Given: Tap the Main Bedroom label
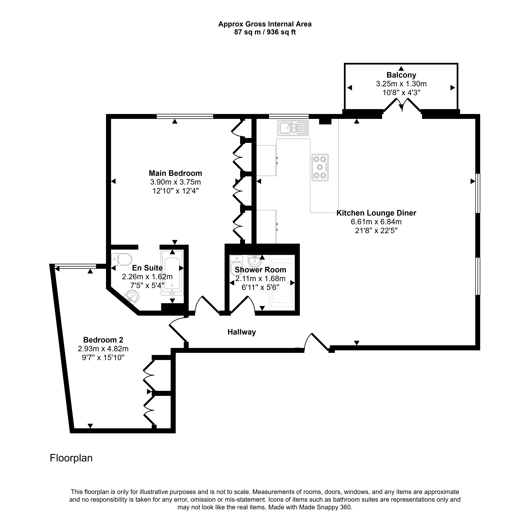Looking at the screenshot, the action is (x=175, y=173).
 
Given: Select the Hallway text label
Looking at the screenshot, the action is (x=242, y=332).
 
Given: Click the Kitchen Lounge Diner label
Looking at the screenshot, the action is (x=376, y=213).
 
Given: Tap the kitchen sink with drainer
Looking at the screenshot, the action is (x=293, y=128).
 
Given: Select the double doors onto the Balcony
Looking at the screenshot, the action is (x=402, y=105).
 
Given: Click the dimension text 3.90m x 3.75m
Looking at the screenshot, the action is (x=175, y=182).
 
